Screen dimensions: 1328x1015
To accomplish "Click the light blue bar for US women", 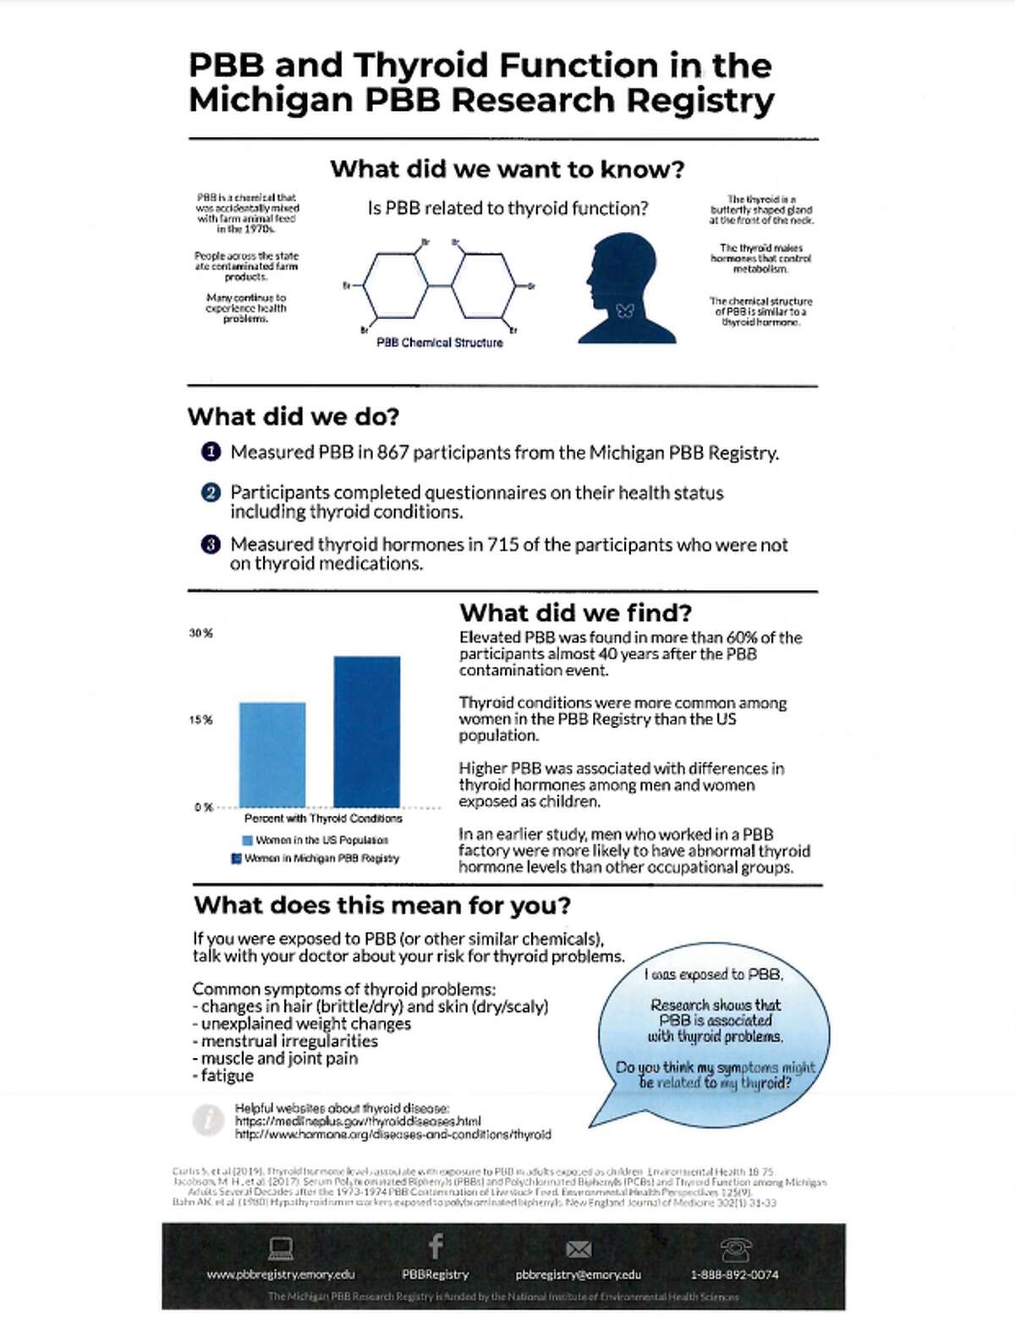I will click(272, 754).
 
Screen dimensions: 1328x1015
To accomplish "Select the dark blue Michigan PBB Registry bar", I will click(366, 731).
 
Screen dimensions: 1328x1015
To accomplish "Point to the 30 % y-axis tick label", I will click(200, 633).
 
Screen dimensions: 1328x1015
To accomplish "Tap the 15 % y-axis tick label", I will click(200, 720).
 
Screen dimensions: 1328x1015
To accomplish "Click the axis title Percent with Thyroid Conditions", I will click(323, 818).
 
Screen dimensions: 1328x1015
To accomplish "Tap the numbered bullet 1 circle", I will click(211, 452).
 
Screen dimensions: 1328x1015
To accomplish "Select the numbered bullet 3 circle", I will click(211, 544).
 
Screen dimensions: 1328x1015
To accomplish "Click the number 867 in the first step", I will click(392, 452).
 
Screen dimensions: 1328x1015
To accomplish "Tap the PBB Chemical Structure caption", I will click(439, 343).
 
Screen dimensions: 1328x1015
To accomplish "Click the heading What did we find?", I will click(575, 613).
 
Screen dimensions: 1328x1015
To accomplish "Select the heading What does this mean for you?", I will click(382, 906).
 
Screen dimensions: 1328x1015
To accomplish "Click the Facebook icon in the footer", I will click(436, 1246).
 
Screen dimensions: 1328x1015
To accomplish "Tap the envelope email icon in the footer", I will click(579, 1249).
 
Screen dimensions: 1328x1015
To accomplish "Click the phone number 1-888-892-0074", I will click(734, 1275).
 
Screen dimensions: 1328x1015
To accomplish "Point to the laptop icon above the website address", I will click(281, 1248).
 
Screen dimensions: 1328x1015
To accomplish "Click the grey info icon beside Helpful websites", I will click(208, 1120).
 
